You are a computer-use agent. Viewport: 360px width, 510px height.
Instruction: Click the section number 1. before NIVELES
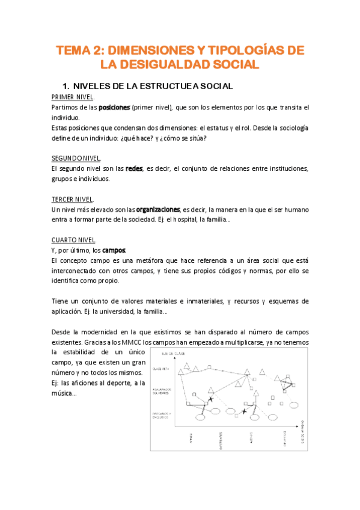pos(66,86)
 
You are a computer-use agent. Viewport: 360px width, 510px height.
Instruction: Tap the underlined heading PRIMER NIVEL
pos(72,97)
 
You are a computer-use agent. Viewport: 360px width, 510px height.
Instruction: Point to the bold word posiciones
pos(114,107)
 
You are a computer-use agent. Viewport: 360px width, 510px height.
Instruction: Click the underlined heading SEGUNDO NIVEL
pos(76,158)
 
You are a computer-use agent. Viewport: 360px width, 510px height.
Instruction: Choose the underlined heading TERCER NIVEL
pos(72,199)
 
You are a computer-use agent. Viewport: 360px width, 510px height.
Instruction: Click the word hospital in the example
pos(227,220)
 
